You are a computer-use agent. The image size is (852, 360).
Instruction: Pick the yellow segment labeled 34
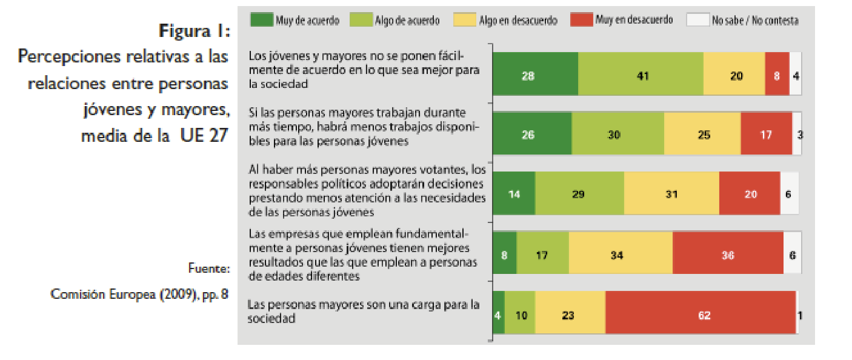click(621, 255)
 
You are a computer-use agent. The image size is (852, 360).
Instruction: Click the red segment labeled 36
click(728, 255)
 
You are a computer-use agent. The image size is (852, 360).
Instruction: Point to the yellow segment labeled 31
click(671, 195)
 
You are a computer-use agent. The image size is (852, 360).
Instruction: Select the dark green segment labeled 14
click(514, 195)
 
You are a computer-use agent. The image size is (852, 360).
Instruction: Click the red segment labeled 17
click(766, 134)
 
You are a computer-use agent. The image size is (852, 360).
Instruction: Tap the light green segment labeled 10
click(520, 315)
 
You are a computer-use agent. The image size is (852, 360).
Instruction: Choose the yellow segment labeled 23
click(570, 315)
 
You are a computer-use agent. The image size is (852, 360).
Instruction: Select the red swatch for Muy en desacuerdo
click(580, 19)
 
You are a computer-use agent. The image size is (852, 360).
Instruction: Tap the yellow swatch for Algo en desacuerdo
click(464, 19)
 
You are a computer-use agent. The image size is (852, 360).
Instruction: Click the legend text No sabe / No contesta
click(755, 20)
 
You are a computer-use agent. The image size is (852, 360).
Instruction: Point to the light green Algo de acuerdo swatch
click(360, 19)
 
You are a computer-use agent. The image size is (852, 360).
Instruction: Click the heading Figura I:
click(193, 30)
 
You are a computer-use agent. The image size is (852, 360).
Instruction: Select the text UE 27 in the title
click(204, 135)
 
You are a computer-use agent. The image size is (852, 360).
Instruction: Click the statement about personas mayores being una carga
click(364, 310)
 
